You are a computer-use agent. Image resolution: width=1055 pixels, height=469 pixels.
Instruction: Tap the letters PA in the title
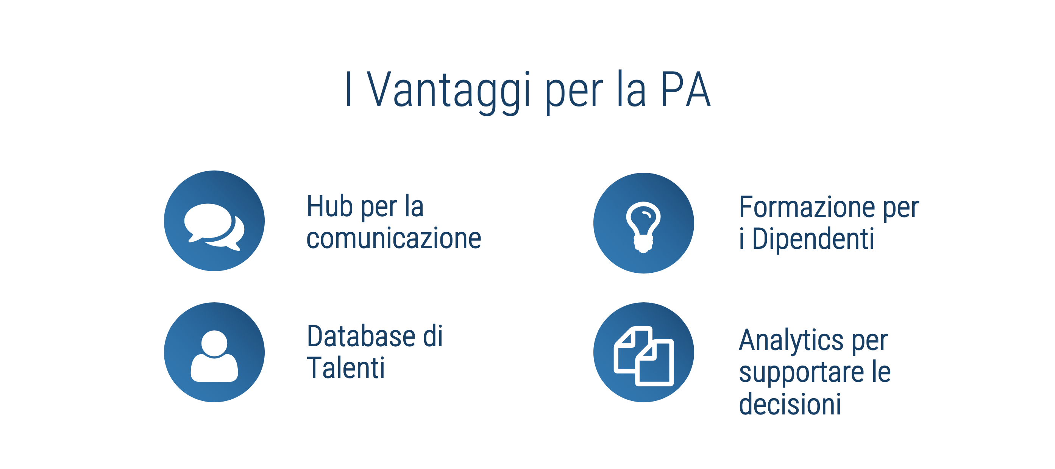685,89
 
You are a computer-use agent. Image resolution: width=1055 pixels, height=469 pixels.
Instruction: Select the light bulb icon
643,227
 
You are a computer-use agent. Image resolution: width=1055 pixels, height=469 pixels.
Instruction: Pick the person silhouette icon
214,356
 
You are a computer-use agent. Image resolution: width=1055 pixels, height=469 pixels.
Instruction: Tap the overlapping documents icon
643,356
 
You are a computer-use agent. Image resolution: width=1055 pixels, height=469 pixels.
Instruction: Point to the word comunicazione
393,238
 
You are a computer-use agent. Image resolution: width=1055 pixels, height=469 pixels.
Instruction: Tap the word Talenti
346,368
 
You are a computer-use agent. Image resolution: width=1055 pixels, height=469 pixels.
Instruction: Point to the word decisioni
790,404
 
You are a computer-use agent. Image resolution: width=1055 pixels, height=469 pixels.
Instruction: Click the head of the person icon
214,343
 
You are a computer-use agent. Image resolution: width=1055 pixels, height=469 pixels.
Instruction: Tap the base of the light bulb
643,244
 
